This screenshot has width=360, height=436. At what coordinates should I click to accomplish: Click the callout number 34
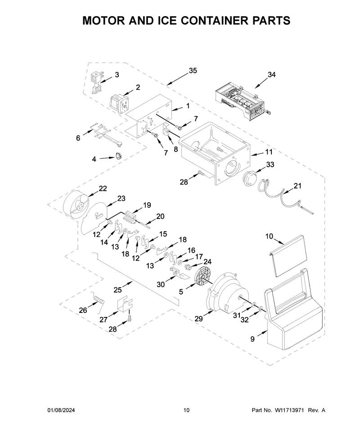click(x=271, y=75)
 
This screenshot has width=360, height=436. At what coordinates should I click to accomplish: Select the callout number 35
click(x=193, y=71)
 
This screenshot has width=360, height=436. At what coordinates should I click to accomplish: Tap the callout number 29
click(x=198, y=319)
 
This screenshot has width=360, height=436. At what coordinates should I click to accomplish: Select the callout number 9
click(x=252, y=339)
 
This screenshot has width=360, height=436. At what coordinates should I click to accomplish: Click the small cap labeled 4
click(x=119, y=156)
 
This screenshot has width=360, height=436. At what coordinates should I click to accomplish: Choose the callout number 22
click(x=103, y=188)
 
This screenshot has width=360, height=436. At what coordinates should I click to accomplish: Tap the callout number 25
click(x=117, y=290)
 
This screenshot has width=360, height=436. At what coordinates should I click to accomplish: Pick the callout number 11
click(x=269, y=152)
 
